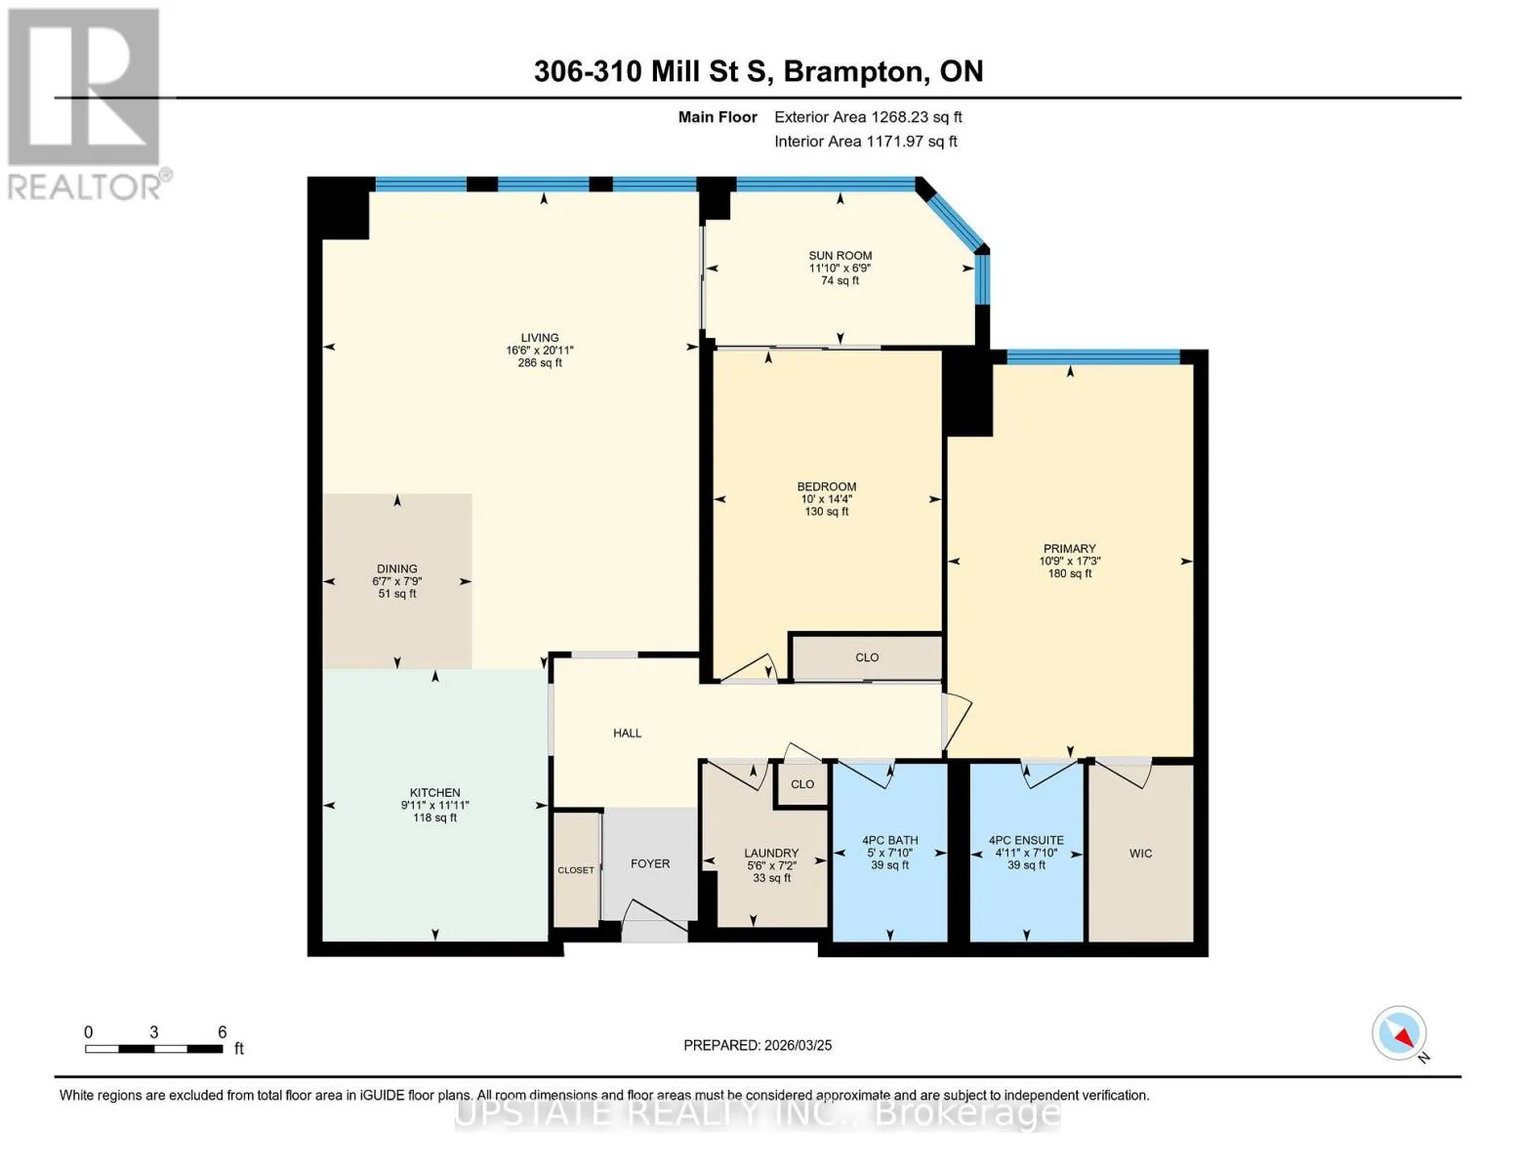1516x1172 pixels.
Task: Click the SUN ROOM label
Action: click(840, 256)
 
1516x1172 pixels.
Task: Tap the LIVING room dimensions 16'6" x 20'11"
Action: click(539, 351)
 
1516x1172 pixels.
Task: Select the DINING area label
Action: click(397, 568)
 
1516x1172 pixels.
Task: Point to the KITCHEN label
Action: click(434, 792)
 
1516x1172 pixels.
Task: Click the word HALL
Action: click(627, 732)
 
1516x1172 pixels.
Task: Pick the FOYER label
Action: click(650, 863)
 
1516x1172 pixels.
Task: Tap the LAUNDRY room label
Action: click(771, 853)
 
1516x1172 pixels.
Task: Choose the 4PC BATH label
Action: click(889, 841)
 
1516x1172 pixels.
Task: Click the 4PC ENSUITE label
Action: click(1026, 841)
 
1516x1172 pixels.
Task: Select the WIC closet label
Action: click(1141, 853)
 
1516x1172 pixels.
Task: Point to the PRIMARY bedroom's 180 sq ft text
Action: click(1070, 573)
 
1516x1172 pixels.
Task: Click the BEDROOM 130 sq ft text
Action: click(827, 512)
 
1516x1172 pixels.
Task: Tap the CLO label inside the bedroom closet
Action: click(867, 657)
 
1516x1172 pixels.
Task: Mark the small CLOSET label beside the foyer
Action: click(576, 870)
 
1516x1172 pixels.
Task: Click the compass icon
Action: click(1399, 1033)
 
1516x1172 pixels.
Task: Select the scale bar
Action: click(154, 1048)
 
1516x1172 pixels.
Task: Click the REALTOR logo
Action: click(87, 104)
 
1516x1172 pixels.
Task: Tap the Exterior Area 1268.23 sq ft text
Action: click(868, 117)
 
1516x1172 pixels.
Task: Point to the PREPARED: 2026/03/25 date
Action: click(758, 1045)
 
